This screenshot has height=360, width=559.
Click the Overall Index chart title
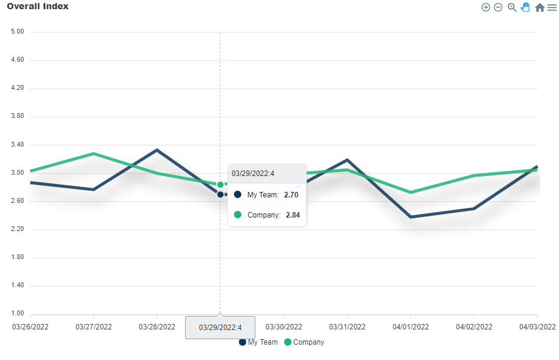point(37,6)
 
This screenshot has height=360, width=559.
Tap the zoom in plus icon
point(486,7)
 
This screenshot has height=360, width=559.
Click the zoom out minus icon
point(498,7)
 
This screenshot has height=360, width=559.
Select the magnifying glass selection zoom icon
point(512,7)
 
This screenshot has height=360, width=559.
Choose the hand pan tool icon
point(525,7)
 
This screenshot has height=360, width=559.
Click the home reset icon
point(539,7)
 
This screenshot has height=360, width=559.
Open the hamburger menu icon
point(552,7)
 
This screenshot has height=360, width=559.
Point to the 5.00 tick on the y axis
point(17,32)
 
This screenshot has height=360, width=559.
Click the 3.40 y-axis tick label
point(17,145)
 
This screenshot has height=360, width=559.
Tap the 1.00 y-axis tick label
point(17,314)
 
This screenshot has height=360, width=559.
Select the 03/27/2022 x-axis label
point(93,327)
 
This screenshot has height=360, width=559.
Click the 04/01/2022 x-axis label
point(411,327)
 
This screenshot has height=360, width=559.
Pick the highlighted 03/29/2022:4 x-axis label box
point(220,328)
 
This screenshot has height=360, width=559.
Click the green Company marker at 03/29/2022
point(221,185)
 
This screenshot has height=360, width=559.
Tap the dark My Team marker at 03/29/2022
point(221,194)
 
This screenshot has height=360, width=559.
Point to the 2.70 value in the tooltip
point(291,195)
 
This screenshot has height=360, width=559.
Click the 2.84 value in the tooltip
point(293,215)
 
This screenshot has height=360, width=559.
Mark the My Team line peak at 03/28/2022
point(157,150)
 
